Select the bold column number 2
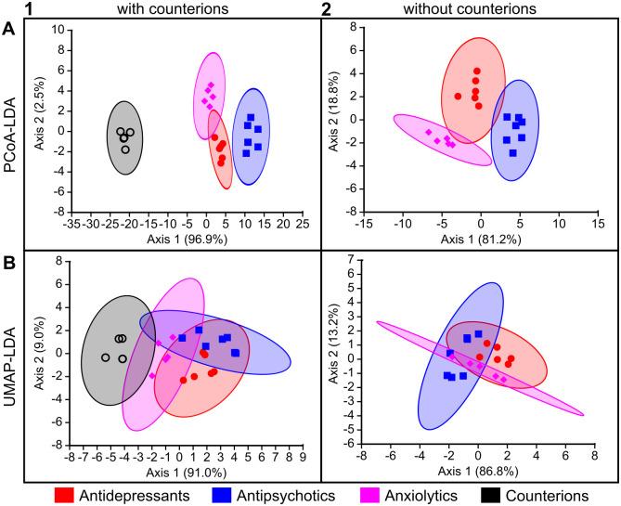click(x=326, y=8)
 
